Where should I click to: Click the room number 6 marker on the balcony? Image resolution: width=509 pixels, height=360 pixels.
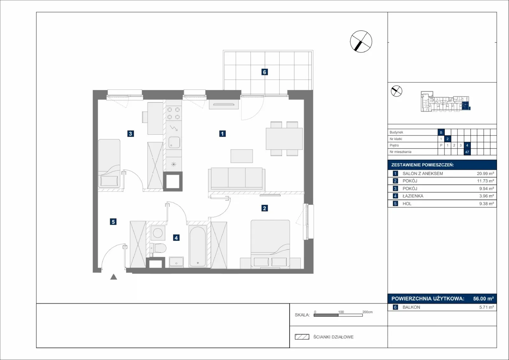pos(264,72)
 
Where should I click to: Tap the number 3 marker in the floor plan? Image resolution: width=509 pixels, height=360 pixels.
pos(130,134)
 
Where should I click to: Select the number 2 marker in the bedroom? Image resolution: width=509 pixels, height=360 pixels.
pos(264,208)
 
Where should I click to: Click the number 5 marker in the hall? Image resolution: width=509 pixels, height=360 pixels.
pos(113,222)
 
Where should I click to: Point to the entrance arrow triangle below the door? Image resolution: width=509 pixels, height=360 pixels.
pos(114,277)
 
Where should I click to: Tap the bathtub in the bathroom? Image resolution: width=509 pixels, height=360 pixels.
pos(198,246)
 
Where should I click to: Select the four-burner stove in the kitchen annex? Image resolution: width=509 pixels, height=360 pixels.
pos(174,113)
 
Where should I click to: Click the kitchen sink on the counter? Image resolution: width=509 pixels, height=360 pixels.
pos(174,142)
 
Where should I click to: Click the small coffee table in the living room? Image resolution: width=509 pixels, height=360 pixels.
pos(241,156)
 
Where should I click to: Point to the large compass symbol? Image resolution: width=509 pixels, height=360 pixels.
pos(361,42)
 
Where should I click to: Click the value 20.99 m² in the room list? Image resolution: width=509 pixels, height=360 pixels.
pos(485,174)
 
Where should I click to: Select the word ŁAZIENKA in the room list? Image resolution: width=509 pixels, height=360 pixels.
pos(413,196)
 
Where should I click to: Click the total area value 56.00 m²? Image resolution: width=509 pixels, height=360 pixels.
pos(483,299)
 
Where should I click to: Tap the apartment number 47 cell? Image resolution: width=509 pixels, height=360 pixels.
pos(467,152)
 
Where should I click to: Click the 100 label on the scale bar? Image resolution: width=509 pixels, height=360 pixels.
pos(341,312)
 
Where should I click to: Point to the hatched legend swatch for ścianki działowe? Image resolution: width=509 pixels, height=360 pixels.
pos(302,337)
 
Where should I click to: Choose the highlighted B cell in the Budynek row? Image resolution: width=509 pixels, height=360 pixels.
pos(441,132)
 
